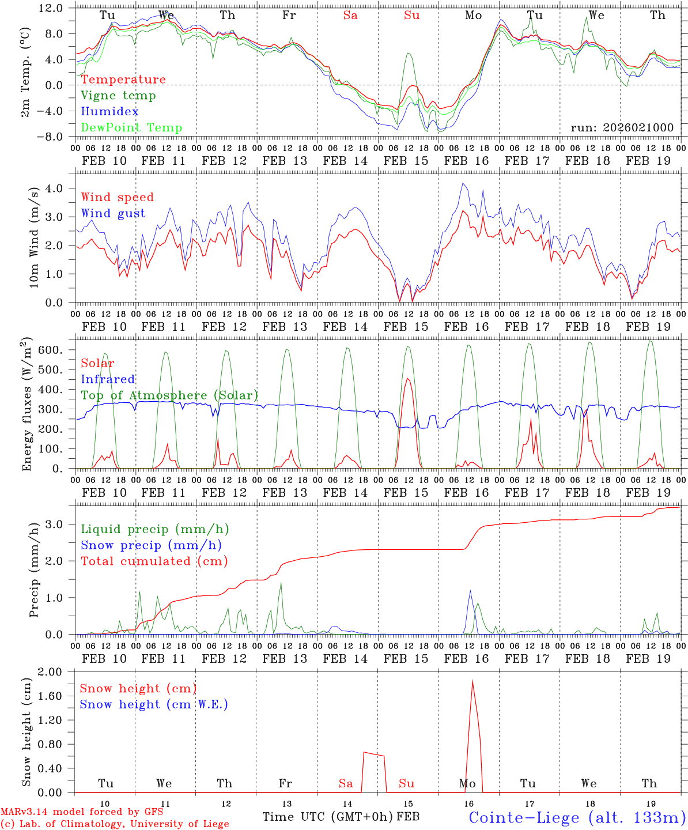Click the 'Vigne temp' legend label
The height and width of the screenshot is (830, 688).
pos(118,96)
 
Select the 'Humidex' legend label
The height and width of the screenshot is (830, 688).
pos(109,112)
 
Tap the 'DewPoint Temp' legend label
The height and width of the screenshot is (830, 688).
pos(131,128)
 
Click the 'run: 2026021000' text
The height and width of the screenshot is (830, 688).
pos(622,128)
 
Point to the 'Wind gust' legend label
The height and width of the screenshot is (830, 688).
pos(113,213)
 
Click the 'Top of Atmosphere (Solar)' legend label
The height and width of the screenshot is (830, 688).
pos(169,395)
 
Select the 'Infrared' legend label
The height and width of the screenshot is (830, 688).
pos(108,379)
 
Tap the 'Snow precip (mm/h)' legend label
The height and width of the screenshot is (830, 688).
pos(151,545)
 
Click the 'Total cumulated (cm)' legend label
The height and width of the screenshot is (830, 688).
pos(154,561)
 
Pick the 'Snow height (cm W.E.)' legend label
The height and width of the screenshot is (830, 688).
pos(154,704)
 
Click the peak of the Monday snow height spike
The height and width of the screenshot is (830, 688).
pos(472,681)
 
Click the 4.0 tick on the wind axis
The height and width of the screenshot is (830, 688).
pos(58,188)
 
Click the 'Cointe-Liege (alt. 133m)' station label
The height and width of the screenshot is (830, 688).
pos(577,817)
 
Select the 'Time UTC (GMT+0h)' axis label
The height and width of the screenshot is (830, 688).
pos(328,817)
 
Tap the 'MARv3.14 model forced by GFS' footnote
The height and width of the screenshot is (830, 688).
pos(82,812)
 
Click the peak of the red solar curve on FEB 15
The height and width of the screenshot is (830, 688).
pos(408,379)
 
